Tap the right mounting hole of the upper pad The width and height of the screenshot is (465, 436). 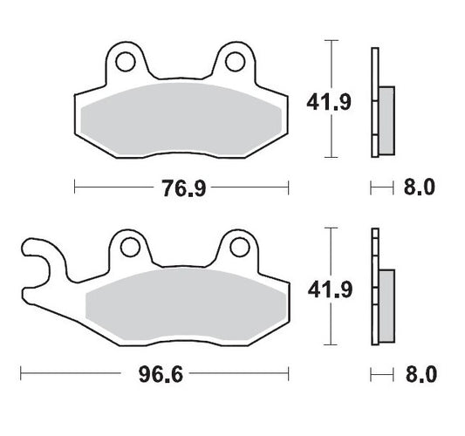tap(234, 62)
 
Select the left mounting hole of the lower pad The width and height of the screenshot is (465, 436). tap(129, 249)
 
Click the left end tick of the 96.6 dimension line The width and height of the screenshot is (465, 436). tap(20, 377)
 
